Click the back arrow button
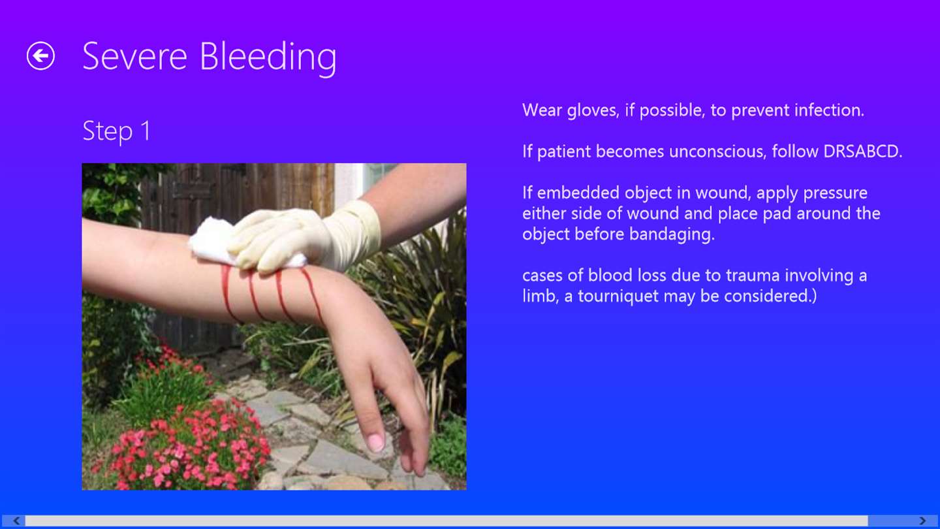pos(40,56)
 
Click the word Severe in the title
pos(134,56)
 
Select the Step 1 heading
pos(116,131)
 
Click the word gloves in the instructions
pos(593,110)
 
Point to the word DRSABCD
pos(862,151)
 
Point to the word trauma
pos(753,276)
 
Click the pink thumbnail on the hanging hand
pos(375,443)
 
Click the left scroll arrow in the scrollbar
pos(16,521)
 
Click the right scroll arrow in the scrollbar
pos(922,521)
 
